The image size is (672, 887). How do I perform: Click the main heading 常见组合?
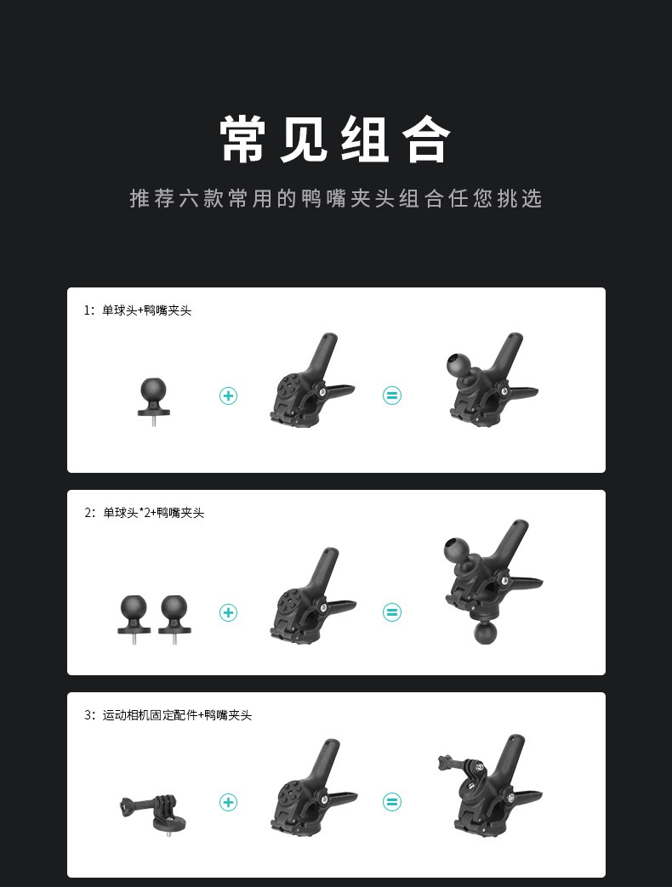(x=335, y=139)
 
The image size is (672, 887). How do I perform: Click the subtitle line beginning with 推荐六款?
(x=336, y=198)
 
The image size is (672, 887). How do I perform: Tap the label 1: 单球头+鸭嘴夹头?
(x=138, y=310)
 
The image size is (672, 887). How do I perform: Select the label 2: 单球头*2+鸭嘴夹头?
(x=144, y=513)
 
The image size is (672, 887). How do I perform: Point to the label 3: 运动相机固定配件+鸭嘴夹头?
(x=168, y=715)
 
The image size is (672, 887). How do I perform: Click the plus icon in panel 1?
(x=228, y=395)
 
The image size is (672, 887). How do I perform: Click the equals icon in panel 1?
(x=391, y=395)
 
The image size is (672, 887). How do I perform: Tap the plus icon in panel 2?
(x=228, y=612)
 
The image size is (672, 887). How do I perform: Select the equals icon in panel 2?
(x=391, y=612)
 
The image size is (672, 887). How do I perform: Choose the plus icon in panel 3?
(x=228, y=802)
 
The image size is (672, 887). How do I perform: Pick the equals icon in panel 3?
(x=391, y=802)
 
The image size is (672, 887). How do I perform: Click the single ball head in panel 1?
(x=153, y=401)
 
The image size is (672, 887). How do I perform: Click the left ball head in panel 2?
(x=134, y=618)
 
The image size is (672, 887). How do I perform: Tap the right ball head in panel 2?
(x=174, y=618)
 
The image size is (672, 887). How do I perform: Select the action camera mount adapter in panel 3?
(x=153, y=812)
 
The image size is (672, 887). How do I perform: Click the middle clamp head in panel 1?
(x=311, y=381)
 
